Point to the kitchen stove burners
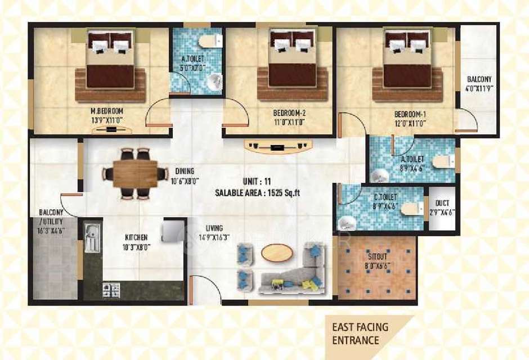pyautogui.click(x=111, y=289)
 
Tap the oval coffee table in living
pyautogui.click(x=277, y=253)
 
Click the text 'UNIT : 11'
pyautogui.click(x=258, y=181)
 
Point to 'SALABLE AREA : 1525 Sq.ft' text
pyautogui.click(x=258, y=192)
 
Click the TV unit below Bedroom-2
pyautogui.click(x=277, y=148)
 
